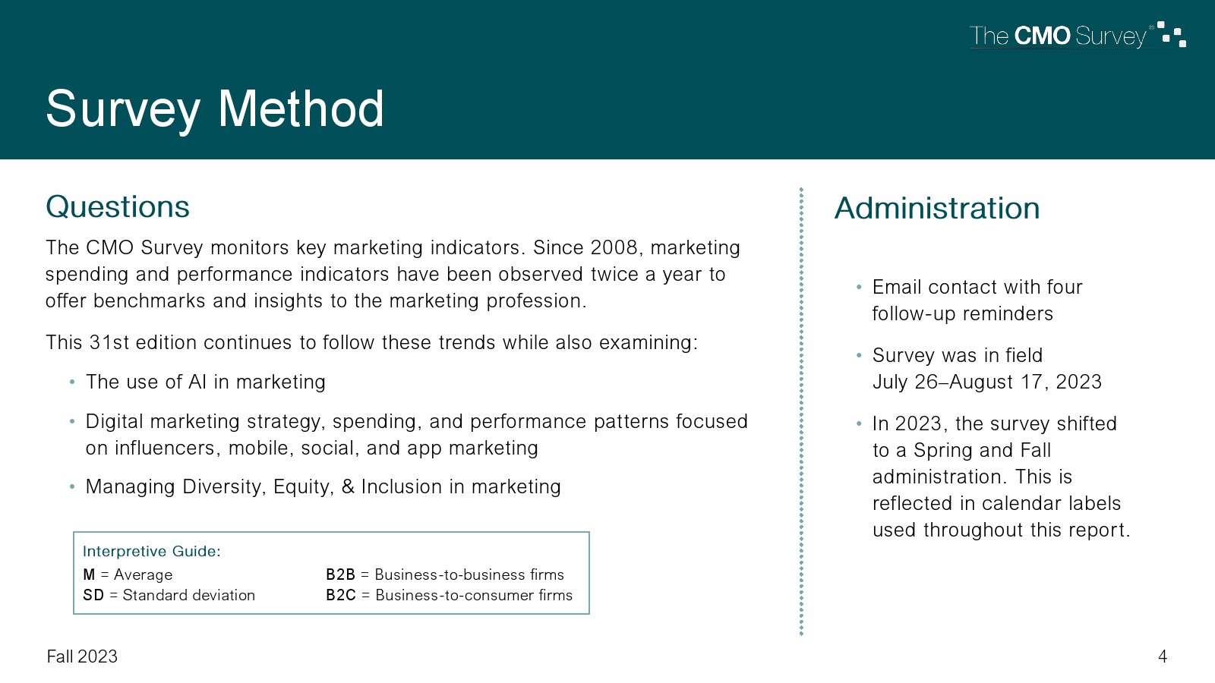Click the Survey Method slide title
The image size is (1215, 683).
click(215, 110)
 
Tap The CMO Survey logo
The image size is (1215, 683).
click(1078, 35)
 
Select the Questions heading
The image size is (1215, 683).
click(118, 206)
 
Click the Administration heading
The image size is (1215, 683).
click(937, 208)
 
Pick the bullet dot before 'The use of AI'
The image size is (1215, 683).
click(72, 382)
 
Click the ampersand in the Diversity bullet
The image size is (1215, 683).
click(348, 486)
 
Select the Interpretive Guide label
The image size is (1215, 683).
click(151, 551)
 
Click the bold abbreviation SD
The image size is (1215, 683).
click(93, 595)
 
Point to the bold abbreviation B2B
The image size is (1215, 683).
click(340, 574)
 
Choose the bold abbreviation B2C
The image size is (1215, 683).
click(341, 595)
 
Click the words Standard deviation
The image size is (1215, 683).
click(189, 595)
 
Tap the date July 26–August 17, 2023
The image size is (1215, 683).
click(986, 382)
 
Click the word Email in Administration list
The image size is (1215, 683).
click(897, 287)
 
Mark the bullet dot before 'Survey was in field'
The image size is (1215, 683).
click(859, 356)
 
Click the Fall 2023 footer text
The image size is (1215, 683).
click(82, 656)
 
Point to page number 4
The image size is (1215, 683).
click(1163, 656)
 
